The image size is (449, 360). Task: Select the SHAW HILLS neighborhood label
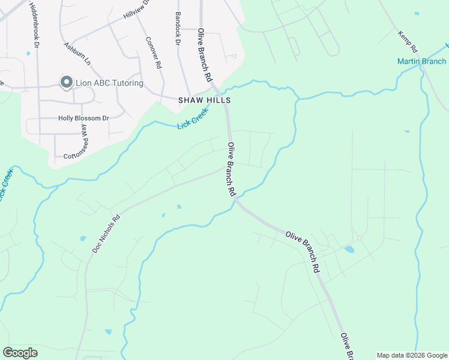pos(205,101)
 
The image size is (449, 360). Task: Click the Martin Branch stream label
pos(421,61)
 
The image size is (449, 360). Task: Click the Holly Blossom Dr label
pos(83,118)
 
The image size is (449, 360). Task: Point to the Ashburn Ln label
pos(77,54)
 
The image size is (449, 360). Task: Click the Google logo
pos(20,352)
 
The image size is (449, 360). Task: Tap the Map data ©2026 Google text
pos(412,355)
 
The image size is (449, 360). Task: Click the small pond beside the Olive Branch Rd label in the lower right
pos(349,250)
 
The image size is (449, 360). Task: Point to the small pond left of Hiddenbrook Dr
pos(28,54)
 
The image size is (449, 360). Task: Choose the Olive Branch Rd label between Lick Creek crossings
pos(231,169)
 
